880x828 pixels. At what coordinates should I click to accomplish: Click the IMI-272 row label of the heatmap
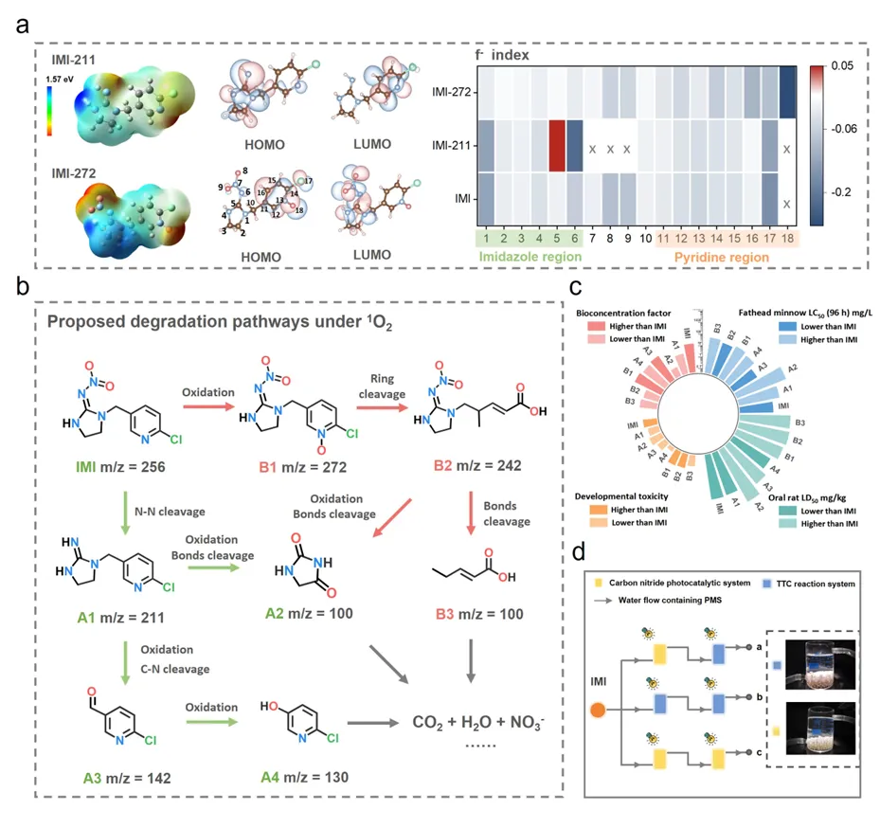(x=450, y=92)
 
